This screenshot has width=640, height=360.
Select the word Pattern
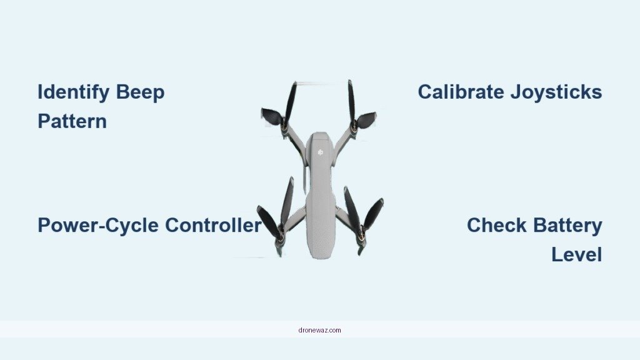pos(72,121)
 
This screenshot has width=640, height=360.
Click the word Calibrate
pos(461,92)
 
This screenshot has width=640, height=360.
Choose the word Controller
pos(212,225)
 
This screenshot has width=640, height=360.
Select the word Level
pos(576,254)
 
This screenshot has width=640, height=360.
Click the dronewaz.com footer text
pos(319,329)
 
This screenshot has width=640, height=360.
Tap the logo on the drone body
pos(320,151)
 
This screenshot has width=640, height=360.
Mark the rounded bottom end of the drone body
pos(319,247)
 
